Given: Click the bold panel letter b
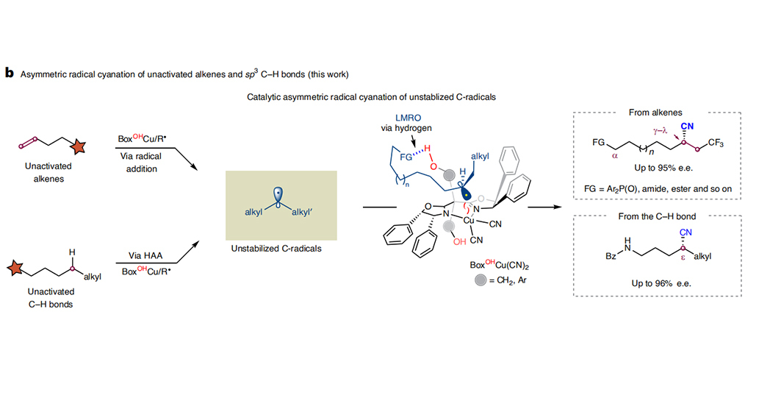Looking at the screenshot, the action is point(10,74).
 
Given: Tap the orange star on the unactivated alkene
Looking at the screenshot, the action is point(77,146).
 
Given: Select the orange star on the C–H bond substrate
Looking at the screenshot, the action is point(15,268).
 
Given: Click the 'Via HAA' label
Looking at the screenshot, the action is point(145,255).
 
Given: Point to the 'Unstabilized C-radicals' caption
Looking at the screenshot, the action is point(276,248).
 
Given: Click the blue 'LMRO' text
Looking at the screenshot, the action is point(408,118).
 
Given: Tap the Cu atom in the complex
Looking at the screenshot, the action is point(469,221).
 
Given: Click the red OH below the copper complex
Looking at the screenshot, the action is point(459,241).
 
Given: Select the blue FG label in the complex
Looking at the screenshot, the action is point(406,157).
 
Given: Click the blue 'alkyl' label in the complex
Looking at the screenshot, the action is point(480,156).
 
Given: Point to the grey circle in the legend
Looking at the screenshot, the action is point(481,280).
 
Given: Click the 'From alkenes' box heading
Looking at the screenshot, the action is point(655,113).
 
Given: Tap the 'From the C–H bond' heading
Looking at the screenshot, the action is point(657,216).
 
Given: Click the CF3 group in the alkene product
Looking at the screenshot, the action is point(716,143).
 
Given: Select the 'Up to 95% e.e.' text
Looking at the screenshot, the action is point(663,168).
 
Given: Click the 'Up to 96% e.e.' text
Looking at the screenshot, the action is point(661,283).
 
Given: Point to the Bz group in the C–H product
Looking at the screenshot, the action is point(611,256).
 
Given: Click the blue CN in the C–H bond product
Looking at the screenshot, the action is point(686,232).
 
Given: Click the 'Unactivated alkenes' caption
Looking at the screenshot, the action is point(48,172).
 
